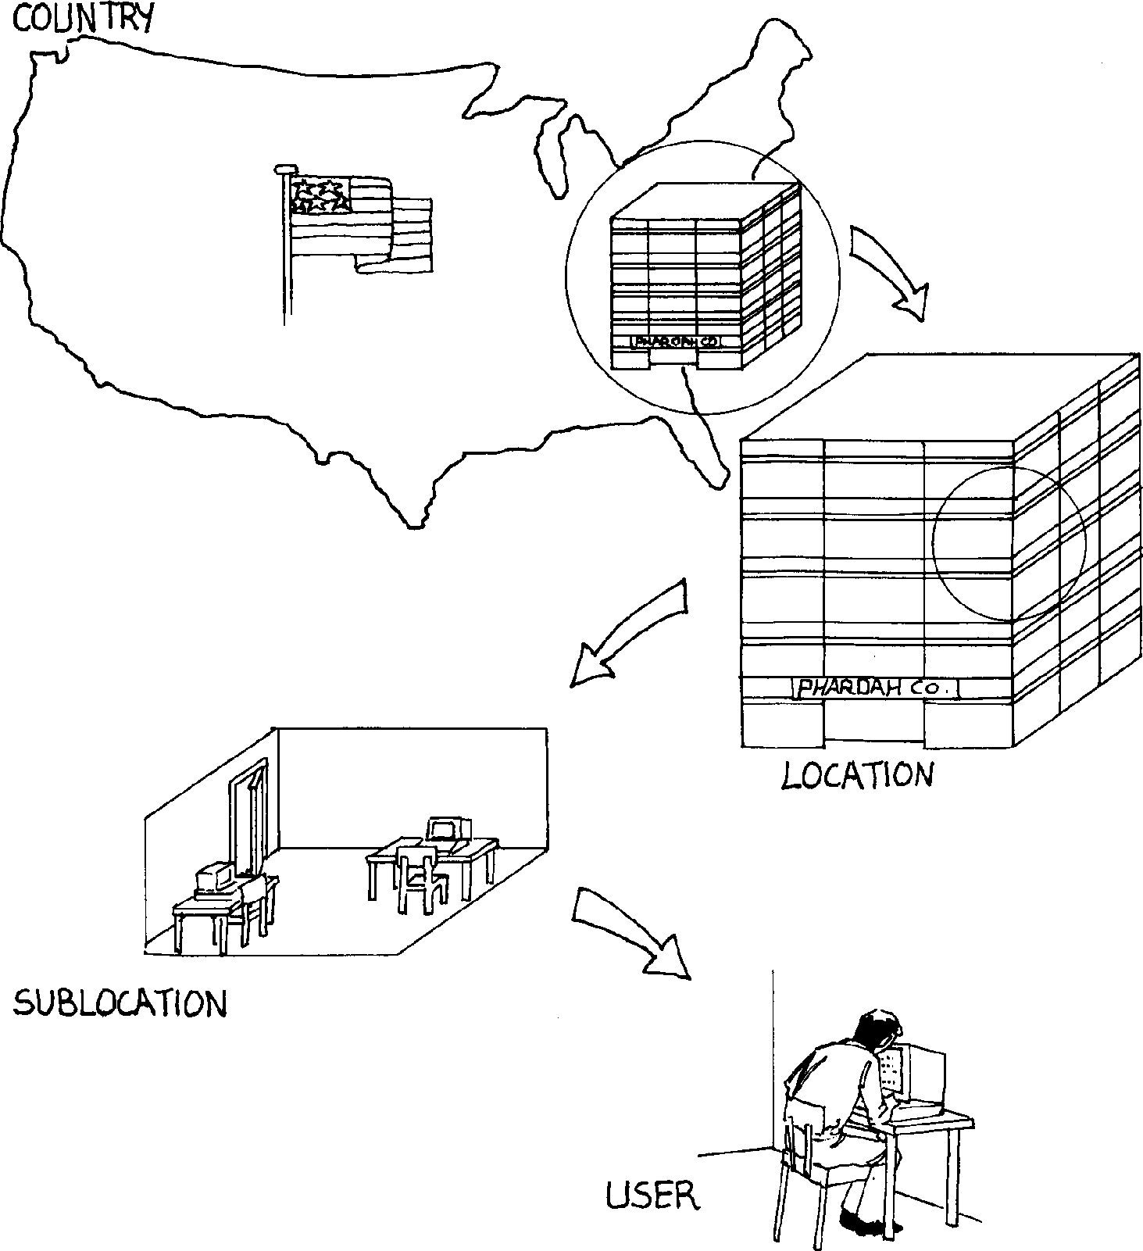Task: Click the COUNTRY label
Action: [83, 19]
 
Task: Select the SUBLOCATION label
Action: [120, 1003]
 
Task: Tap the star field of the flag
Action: [320, 196]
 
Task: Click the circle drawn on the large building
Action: [1009, 544]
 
